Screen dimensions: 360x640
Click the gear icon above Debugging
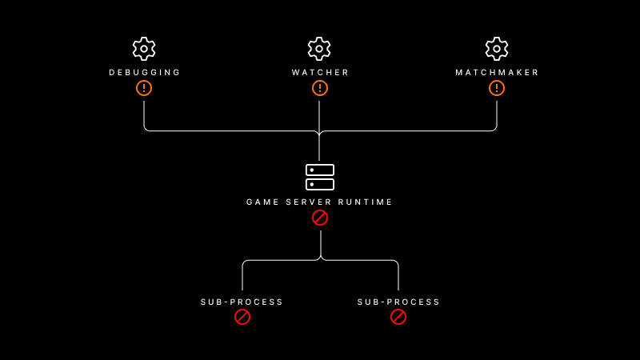pos(144,49)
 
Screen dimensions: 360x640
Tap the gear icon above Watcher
pos(319,49)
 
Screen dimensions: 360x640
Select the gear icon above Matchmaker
pos(497,49)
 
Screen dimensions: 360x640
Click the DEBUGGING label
pos(145,73)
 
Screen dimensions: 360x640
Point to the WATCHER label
pos(320,73)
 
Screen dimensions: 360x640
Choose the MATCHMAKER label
pos(498,73)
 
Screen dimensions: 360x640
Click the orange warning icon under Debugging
pos(144,88)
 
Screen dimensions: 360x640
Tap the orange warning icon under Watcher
pos(320,88)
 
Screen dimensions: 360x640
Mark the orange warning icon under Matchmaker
pos(497,88)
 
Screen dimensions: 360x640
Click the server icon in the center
pos(320,177)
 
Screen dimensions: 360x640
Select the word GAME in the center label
pos(261,202)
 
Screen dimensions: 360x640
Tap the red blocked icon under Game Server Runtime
pos(320,218)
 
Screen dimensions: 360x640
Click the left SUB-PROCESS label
pos(242,302)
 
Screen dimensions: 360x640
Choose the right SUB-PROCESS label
pos(398,302)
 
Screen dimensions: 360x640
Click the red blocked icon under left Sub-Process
pos(242,317)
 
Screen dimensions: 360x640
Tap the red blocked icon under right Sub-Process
pos(398,317)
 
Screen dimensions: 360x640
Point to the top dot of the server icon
pos(312,170)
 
